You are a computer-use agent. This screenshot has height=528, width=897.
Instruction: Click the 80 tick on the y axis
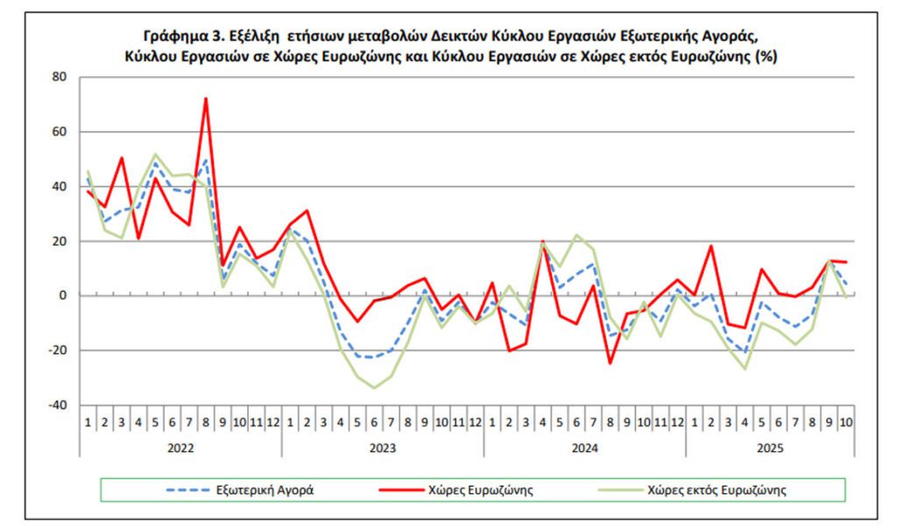click(x=60, y=77)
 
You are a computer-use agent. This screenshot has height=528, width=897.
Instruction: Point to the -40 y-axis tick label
click(x=57, y=405)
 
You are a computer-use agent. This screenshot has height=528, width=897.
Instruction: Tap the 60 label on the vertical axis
click(x=60, y=132)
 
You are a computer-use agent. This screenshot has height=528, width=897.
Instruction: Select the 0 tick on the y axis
click(x=63, y=296)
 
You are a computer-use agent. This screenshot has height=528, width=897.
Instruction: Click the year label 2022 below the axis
click(x=180, y=445)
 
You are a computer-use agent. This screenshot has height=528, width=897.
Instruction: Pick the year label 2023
click(x=382, y=445)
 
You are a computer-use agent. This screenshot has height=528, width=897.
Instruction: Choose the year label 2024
click(x=583, y=445)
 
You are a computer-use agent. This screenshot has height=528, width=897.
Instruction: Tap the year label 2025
click(x=768, y=445)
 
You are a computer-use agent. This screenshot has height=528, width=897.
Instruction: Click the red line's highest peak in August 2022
click(x=206, y=98)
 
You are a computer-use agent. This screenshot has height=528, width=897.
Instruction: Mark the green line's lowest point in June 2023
click(x=374, y=388)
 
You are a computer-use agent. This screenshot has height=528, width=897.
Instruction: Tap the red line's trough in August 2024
click(x=610, y=363)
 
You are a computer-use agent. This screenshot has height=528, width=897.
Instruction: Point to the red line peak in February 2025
click(x=710, y=246)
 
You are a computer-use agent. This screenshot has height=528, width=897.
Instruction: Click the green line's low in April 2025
click(x=744, y=369)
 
